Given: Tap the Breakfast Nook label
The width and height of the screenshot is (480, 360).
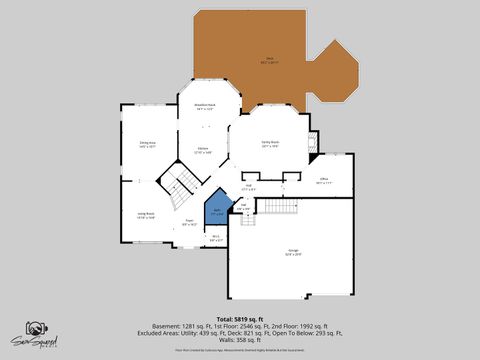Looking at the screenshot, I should [205, 108].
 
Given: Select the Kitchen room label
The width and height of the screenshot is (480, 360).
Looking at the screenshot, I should [203, 150].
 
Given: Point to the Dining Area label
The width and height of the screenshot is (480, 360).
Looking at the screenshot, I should [147, 144].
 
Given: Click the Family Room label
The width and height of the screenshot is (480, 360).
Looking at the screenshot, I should [270, 143].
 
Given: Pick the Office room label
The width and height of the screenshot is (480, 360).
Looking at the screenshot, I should [324, 182].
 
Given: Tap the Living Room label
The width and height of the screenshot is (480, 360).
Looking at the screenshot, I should [145, 215].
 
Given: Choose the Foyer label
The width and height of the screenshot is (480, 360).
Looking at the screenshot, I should [190, 222].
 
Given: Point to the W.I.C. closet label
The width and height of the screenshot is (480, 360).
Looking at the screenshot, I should [216, 238].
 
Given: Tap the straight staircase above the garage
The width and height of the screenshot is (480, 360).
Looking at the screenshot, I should [282, 206].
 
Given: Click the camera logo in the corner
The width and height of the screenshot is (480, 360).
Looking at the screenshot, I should [37, 331].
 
